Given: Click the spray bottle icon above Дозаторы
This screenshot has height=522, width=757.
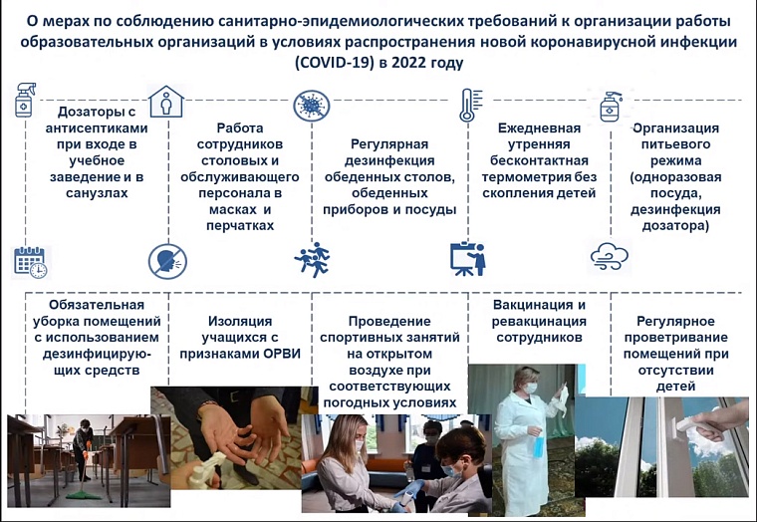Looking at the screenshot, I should click(24, 103).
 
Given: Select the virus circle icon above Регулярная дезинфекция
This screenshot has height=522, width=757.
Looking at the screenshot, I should click(311, 105).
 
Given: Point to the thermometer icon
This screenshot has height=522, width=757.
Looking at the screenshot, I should click(466, 104).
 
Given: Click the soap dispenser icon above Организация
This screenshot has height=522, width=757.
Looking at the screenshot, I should click(610, 104).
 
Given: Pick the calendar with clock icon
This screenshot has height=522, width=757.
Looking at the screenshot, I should click(30, 262).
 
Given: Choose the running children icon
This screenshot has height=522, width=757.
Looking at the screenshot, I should click(312, 259).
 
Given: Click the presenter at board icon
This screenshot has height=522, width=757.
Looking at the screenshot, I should click(467, 259).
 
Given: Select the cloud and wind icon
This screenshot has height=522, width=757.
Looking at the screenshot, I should click(609, 257).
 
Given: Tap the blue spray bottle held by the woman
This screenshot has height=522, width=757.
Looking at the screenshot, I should click(538, 443).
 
